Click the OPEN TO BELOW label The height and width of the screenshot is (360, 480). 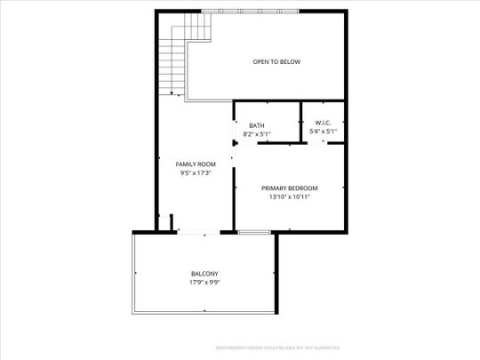(276, 61)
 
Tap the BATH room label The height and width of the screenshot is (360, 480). (256, 125)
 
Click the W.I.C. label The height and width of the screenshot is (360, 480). (323, 123)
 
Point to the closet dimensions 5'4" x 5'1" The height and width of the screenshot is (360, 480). (323, 132)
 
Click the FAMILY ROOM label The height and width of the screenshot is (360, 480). (196, 164)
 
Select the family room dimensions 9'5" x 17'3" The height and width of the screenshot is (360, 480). (196, 173)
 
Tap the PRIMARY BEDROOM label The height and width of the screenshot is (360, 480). (289, 188)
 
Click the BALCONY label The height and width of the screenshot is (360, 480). (204, 273)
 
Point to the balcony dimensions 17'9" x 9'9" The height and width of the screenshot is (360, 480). (204, 282)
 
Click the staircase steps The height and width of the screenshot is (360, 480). (172, 62)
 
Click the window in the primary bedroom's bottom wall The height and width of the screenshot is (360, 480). (254, 232)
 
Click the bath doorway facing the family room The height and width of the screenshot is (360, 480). (234, 134)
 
